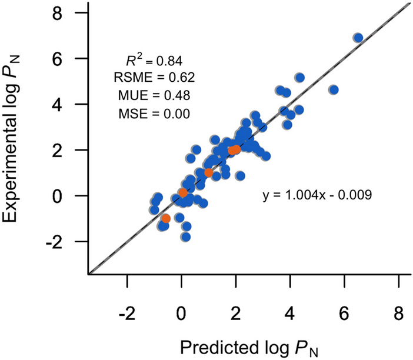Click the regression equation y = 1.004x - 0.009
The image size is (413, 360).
317,194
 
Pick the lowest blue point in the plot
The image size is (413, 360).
186,237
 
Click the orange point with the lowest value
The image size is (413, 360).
166,218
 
